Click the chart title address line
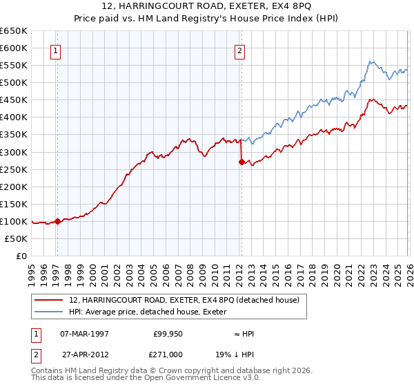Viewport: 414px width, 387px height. [x=206, y=6]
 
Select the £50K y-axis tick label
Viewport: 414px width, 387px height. [x=16, y=238]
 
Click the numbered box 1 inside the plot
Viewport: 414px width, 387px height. [x=55, y=50]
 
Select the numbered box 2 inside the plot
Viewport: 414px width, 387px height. [x=239, y=50]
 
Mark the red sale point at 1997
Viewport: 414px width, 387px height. [x=57, y=221]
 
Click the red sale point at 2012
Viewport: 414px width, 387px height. [x=241, y=162]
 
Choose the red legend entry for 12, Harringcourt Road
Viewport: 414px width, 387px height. [x=184, y=300]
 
